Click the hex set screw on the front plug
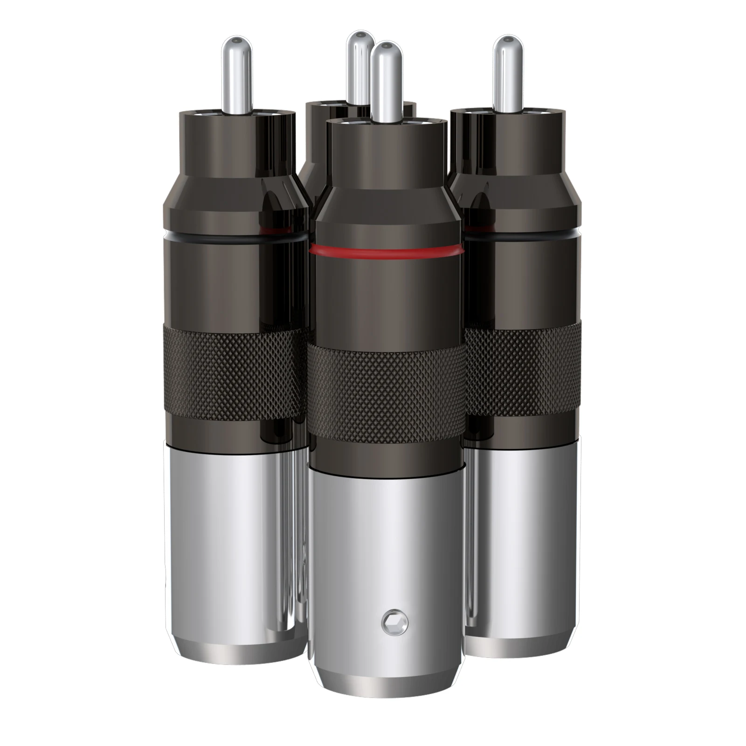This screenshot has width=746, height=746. tap(394, 622)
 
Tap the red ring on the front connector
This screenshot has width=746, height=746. tap(387, 252)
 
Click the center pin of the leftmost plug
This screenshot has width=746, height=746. tap(236, 75)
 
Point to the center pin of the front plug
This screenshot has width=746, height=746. tap(387, 82)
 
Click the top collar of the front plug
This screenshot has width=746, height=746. tap(387, 149)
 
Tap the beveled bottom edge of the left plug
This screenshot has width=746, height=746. tap(233, 650)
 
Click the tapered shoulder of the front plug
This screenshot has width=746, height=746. tap(387, 193)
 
